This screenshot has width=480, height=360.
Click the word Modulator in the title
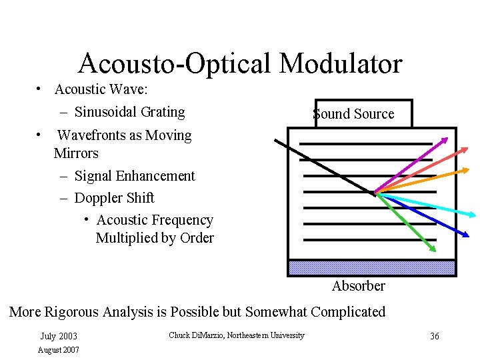[x=341, y=64]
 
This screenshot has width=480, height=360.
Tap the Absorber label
[x=359, y=286]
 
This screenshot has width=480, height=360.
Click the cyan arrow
[x=427, y=205]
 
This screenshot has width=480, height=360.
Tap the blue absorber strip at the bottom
[x=371, y=268]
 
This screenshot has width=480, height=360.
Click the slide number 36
[x=434, y=337]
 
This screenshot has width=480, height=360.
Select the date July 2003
[x=59, y=337]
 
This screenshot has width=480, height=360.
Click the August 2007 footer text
[x=59, y=349]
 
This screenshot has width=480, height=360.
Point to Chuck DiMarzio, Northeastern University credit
[x=237, y=335]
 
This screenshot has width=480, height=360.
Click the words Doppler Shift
[x=114, y=198]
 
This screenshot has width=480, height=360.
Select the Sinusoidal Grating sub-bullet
[x=129, y=112]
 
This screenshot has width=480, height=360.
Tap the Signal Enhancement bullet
[x=135, y=176]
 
